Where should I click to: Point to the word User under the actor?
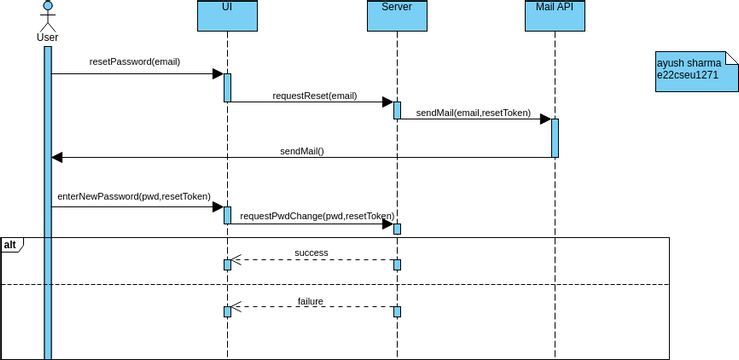click(x=47, y=38)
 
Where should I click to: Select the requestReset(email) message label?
click(x=314, y=97)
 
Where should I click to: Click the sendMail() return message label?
click(x=302, y=151)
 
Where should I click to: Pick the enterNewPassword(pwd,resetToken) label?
click(x=134, y=197)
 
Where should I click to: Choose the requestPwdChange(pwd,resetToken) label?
click(x=317, y=215)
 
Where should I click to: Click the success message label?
click(x=311, y=253)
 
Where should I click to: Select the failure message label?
click(x=311, y=301)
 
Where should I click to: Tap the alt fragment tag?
click(x=10, y=245)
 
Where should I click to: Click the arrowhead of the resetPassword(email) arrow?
click(x=216, y=73)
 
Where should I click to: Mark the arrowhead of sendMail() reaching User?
click(x=57, y=157)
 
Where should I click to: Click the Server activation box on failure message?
click(x=396, y=311)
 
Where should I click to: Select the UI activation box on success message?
click(x=227, y=264)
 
